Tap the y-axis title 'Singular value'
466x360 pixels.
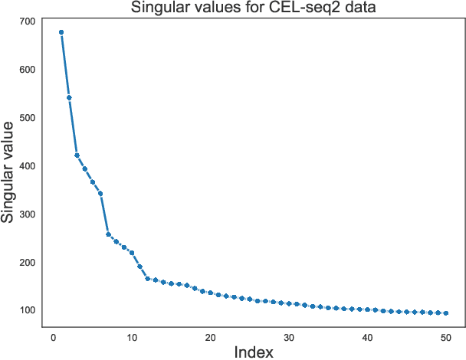pyautogui.click(x=8, y=172)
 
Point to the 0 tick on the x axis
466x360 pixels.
pyautogui.click(x=53, y=338)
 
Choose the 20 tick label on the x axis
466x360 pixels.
pyautogui.click(x=210, y=338)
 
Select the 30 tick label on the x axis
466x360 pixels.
pyautogui.click(x=289, y=338)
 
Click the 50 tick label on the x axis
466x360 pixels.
pyautogui.click(x=446, y=338)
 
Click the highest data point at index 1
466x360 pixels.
pyautogui.click(x=61, y=32)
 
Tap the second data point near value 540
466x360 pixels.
pyautogui.click(x=69, y=97)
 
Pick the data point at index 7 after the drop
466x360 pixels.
pyautogui.click(x=108, y=234)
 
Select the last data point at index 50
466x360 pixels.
pyautogui.click(x=446, y=313)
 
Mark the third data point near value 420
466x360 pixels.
pyautogui.click(x=77, y=155)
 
